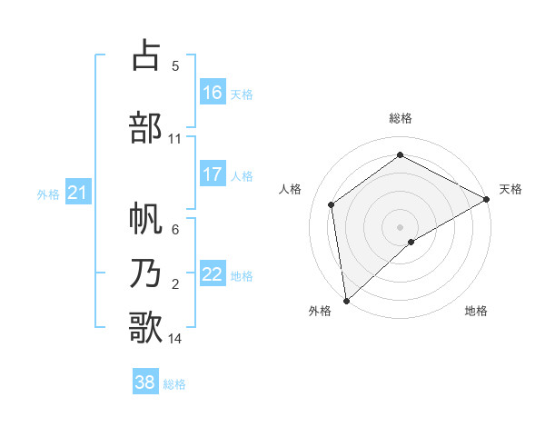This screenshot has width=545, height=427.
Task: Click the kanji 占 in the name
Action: point(145,56)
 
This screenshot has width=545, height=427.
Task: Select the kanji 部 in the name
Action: point(145,128)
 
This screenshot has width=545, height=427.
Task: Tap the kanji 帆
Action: point(145,218)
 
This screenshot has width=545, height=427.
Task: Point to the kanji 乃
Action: point(145,272)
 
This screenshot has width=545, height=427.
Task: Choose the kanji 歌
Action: point(145,326)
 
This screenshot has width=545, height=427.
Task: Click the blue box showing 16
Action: point(213,93)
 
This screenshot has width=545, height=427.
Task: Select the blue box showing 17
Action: point(213,174)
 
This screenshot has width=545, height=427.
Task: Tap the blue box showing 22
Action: point(213,274)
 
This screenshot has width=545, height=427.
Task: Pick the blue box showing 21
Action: point(77,193)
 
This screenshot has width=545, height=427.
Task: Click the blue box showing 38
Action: point(145,382)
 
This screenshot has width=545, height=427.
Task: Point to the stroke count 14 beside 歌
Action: point(175,339)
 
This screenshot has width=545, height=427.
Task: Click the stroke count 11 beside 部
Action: point(175,139)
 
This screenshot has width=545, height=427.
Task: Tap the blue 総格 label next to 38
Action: point(174,384)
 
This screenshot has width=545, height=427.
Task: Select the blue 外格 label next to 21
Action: point(48,194)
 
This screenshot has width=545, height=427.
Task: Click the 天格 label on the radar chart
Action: point(510,189)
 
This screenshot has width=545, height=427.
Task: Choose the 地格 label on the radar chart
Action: point(476,311)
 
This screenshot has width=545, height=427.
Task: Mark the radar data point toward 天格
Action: point(487,199)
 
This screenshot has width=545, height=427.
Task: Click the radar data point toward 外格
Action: point(345,300)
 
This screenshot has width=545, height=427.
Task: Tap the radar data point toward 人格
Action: point(332,204)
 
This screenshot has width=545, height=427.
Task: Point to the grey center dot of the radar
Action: point(400,226)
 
